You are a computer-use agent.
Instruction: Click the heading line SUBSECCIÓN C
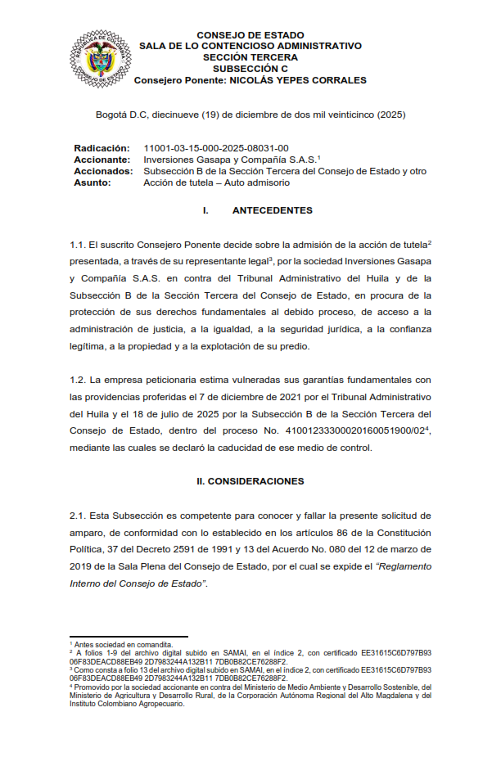250,70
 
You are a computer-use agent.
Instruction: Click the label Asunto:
92,182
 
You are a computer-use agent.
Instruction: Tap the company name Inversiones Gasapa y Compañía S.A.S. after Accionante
230,160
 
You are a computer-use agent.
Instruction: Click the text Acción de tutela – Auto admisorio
217,182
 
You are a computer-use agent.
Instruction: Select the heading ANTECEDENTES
272,210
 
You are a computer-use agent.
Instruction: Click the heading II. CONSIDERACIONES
250,481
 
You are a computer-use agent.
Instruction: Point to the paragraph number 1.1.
78,246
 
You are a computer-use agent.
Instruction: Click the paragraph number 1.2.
78,380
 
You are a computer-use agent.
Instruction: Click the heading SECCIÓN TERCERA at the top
250,58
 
